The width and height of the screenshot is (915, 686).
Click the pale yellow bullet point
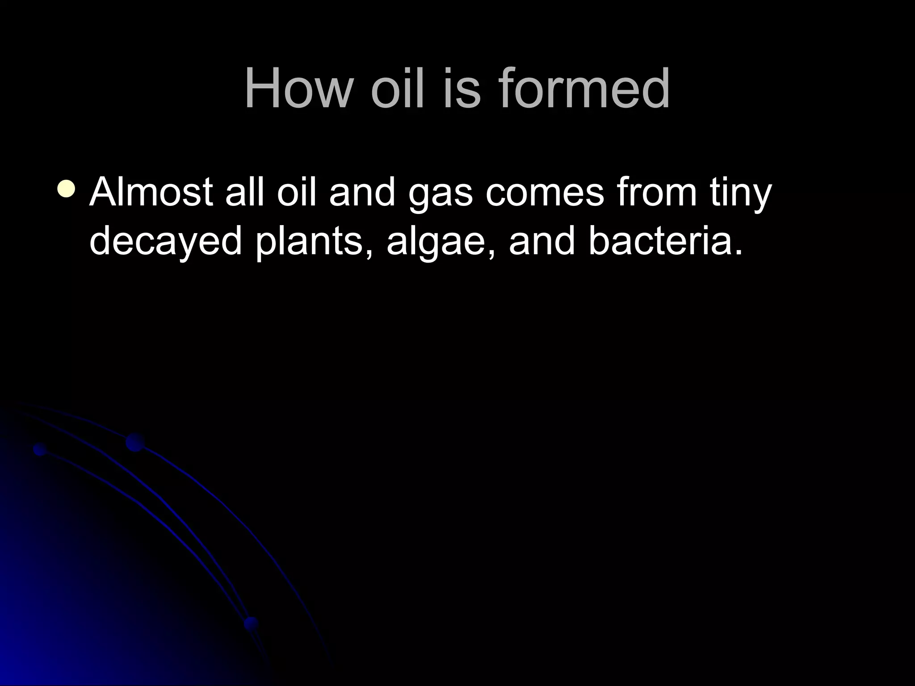pyautogui.click(x=67, y=188)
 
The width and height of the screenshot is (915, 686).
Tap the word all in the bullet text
pyautogui.click(x=246, y=192)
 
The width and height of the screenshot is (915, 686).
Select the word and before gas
pyautogui.click(x=362, y=192)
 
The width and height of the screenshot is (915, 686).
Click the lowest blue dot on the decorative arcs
pyautogui.click(x=251, y=623)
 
